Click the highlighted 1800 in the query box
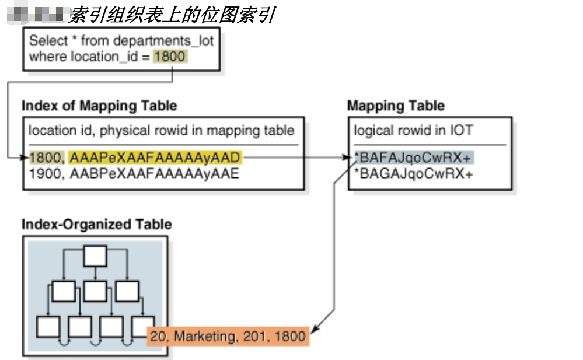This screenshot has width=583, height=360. pos(170,57)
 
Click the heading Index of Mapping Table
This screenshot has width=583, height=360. pos(99,106)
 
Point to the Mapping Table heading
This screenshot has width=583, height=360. pos(396,106)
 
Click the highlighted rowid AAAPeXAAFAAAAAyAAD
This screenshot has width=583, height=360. pos(154,157)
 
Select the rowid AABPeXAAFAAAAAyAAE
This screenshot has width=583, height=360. pos(154,173)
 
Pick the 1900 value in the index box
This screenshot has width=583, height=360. pos(44,173)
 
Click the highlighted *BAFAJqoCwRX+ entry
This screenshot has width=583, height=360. pos(414,157)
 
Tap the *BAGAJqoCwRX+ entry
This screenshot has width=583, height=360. pos(414,173)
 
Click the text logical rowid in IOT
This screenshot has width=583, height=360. pos(413,130)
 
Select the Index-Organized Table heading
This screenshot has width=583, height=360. pos(97,225)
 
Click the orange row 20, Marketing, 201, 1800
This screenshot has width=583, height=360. pos(228,336)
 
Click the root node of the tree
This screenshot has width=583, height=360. pos(95,256)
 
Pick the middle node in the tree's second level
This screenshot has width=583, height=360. pos(95,290)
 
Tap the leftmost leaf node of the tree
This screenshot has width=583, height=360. pos(47,326)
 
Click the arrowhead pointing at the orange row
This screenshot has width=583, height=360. pos(312,330)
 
